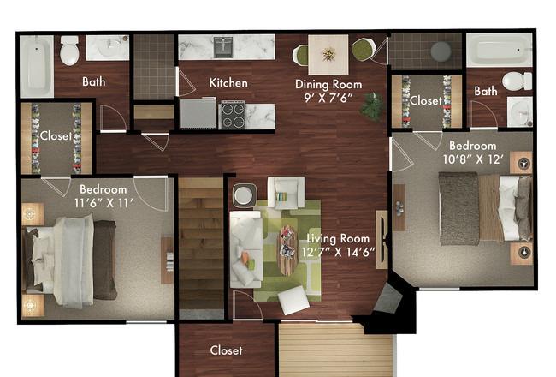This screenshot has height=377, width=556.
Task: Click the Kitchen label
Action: click(x=228, y=83)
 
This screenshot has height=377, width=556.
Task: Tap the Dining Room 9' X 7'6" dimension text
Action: click(x=328, y=98)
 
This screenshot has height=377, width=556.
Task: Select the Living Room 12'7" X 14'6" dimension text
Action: click(x=338, y=252)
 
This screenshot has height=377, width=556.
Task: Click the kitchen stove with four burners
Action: click(x=233, y=115)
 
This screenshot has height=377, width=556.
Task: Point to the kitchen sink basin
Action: click(x=224, y=46)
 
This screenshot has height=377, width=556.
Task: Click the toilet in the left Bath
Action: click(x=69, y=50)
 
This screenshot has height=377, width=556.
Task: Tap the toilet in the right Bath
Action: click(x=517, y=81)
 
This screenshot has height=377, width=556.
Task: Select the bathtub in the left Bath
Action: click(x=37, y=66)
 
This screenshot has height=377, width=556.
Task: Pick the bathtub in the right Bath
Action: click(x=500, y=50)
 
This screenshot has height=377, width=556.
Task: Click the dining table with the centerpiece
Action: click(x=328, y=54)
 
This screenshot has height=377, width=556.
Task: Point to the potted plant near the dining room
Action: click(x=372, y=106)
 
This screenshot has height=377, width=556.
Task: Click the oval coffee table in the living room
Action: click(x=287, y=250)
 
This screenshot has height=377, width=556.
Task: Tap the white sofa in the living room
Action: click(x=246, y=249)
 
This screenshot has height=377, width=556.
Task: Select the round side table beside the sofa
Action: click(x=244, y=195)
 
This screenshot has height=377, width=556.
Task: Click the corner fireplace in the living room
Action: click(x=388, y=298)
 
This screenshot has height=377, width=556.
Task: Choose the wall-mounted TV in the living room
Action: click(x=382, y=239)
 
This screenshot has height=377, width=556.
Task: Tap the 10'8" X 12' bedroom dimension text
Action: click(x=474, y=159)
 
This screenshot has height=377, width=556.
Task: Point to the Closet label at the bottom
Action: click(x=226, y=350)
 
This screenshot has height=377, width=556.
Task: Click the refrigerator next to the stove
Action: click(x=198, y=113)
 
